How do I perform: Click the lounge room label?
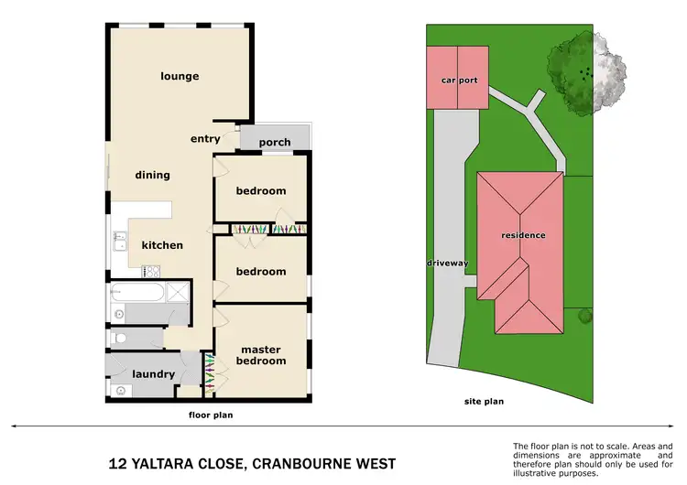[x=180, y=76]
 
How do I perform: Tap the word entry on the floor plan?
[x=205, y=139]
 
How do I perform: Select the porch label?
[x=275, y=142]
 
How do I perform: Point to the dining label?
[x=152, y=175]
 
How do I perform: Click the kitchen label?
[x=162, y=245]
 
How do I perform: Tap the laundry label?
[x=153, y=374]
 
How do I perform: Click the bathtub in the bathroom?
[x=137, y=293]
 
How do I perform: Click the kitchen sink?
[x=118, y=241]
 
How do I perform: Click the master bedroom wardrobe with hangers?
[x=210, y=373]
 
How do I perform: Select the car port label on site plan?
[x=460, y=81]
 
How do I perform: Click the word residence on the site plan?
[x=523, y=235]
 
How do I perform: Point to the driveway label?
[x=447, y=264]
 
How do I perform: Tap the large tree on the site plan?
[x=582, y=71]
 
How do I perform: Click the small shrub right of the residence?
[x=584, y=317]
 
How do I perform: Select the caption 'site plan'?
[x=485, y=402]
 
